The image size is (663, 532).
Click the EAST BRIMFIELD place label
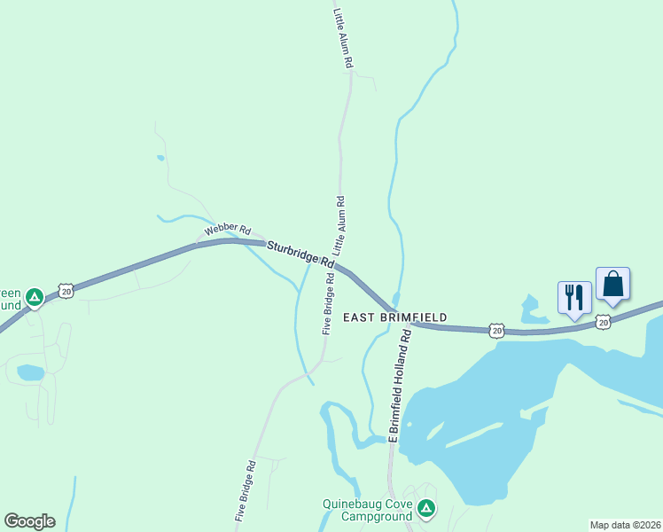coord(394,317)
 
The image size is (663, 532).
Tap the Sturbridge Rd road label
coord(300,256)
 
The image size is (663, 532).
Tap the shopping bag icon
coord(612,284)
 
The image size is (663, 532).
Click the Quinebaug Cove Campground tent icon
coord(426,509)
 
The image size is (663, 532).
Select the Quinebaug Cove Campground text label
coord(367,511)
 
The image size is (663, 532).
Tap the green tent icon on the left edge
coord(35,297)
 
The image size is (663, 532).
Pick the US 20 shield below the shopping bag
coord(603,323)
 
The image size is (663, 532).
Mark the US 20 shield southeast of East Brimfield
coord(496,330)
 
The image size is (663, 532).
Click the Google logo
coord(29,521)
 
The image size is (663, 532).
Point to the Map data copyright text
coord(625,524)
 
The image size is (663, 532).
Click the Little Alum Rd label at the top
coord(343,39)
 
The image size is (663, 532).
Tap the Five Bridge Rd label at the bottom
coord(246,490)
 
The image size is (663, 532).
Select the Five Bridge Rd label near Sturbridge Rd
coord(328,302)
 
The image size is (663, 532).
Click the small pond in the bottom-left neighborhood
coord(30,372)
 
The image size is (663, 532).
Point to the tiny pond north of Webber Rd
coord(160,158)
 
